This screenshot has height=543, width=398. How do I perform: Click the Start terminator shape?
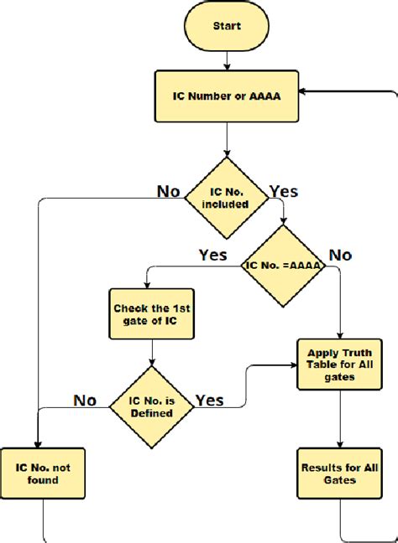coord(226,26)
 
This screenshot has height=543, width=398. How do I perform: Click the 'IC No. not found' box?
coord(41,473)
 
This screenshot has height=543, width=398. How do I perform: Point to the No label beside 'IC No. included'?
coord(169,191)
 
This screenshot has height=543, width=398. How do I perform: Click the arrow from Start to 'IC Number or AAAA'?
coord(226,59)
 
